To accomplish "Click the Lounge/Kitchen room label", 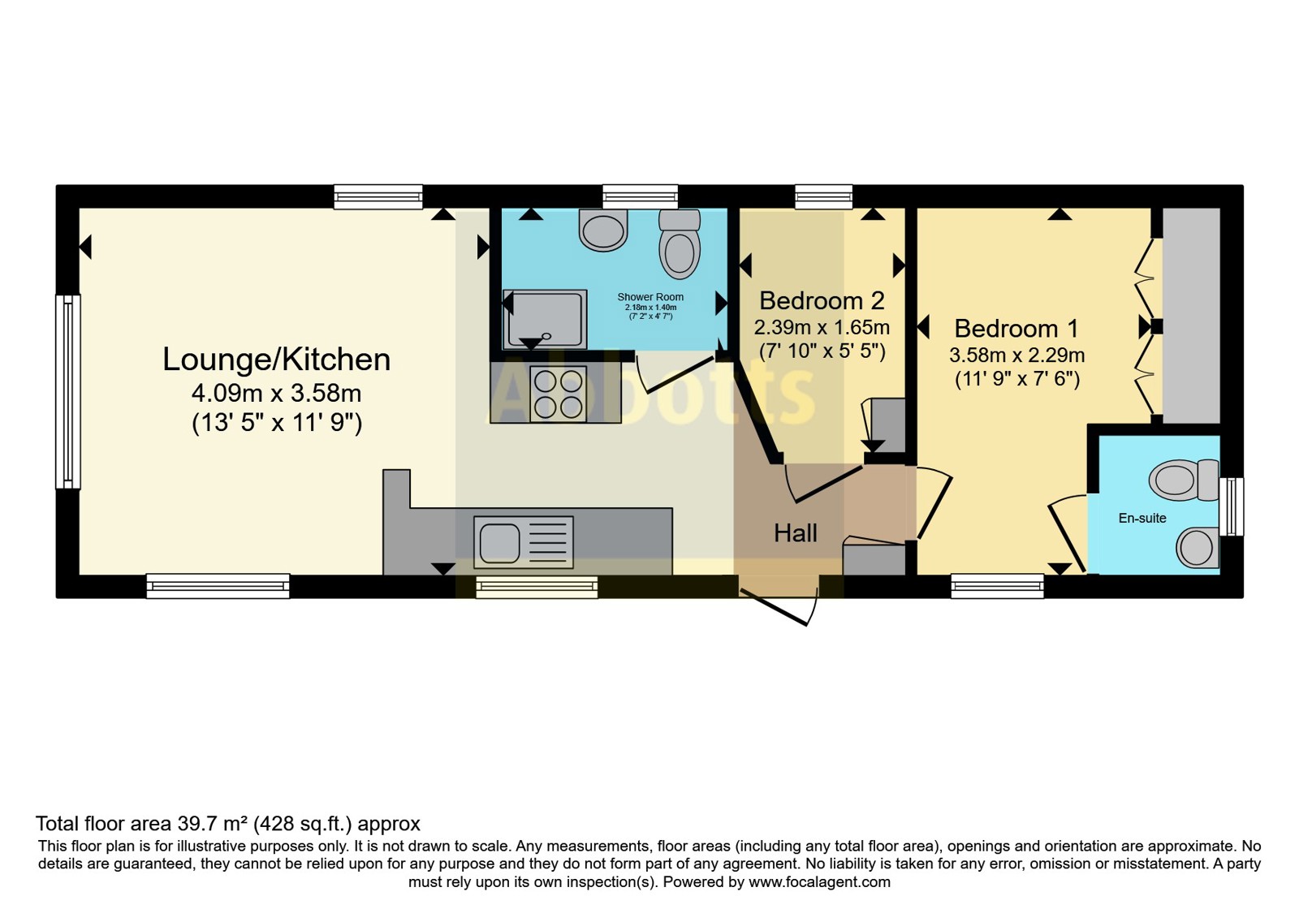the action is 276,360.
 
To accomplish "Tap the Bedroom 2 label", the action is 822,301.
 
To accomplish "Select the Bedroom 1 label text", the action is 1016,329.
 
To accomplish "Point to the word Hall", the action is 796,532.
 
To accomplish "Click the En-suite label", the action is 1141,519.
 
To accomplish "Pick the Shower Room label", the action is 650,297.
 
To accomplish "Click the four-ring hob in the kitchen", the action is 558,393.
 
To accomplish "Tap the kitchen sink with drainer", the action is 523,542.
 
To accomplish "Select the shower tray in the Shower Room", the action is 545,320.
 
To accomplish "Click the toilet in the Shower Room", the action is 680,243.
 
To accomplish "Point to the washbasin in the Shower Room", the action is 603,230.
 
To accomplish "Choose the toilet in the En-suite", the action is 1185,480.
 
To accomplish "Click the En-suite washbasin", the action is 1197,548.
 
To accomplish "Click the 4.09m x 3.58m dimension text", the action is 276,394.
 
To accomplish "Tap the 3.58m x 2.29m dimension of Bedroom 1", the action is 1016,355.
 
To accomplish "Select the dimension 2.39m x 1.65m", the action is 822,328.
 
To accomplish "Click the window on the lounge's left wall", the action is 68,392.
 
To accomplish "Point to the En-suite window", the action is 1231,506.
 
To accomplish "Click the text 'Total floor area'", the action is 103,824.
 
